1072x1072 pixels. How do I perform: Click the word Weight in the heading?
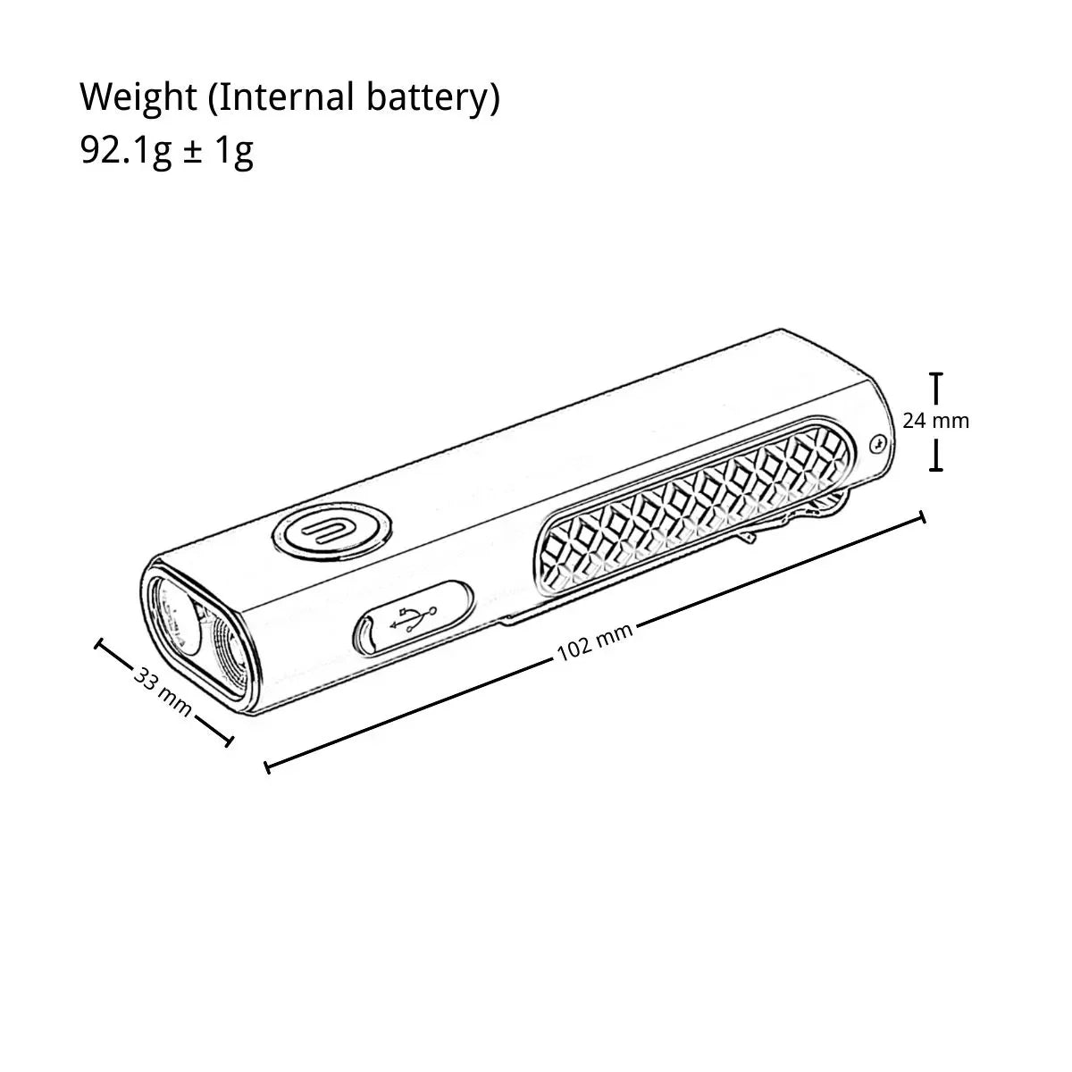138,98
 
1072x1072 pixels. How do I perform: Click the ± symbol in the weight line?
192,151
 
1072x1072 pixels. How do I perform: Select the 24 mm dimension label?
935,421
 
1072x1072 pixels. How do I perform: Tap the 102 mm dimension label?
595,641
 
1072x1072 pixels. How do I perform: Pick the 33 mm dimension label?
163,691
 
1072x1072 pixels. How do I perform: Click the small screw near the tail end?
878,443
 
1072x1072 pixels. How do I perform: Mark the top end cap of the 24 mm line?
937,375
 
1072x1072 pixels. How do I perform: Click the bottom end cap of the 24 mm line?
937,469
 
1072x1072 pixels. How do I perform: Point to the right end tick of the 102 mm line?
924,516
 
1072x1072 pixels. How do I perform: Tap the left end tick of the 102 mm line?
268,767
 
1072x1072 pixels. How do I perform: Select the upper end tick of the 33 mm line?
99,644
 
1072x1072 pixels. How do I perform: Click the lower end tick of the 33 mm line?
229,740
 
